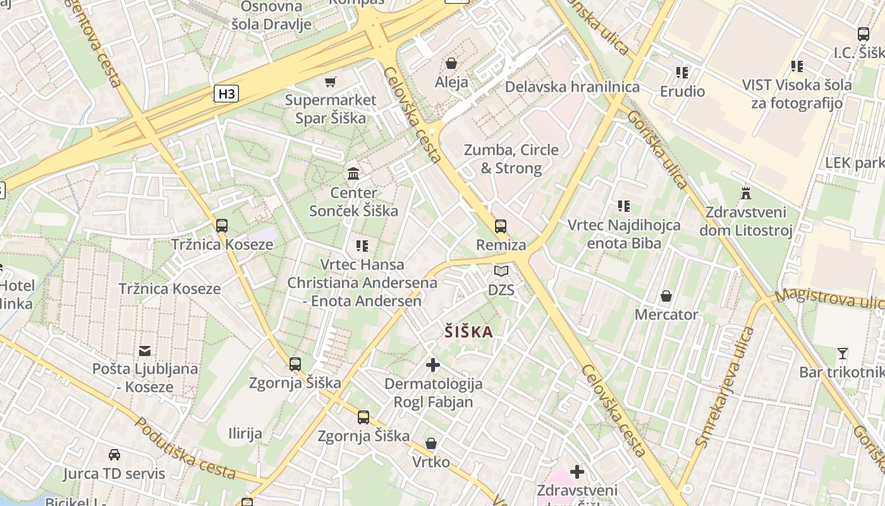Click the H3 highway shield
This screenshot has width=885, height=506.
coord(226,94)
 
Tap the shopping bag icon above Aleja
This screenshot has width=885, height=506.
coord(451,63)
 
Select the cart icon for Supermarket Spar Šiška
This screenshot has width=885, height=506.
coord(330,82)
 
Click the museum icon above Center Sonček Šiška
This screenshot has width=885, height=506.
coord(353,173)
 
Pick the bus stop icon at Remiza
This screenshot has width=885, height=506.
coord(501,226)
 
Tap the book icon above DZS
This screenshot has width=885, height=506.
coord(501,271)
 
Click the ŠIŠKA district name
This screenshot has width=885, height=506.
coord(468,331)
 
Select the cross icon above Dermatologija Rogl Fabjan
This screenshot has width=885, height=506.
coord(433,365)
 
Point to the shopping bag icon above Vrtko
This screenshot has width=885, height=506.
coord(431,443)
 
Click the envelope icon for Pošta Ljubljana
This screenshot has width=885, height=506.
coord(145,350)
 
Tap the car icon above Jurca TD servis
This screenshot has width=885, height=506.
coord(114,455)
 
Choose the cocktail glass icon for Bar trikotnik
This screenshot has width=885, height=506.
coord(842,354)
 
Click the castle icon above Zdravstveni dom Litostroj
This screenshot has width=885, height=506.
coord(746,193)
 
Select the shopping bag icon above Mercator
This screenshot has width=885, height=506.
coord(666,296)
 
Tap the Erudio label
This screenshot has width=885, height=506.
coord(682,92)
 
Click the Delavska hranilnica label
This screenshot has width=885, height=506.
coord(572,87)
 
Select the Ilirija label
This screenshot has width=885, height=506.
coord(245,434)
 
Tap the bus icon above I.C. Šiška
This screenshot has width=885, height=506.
coord(864,34)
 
